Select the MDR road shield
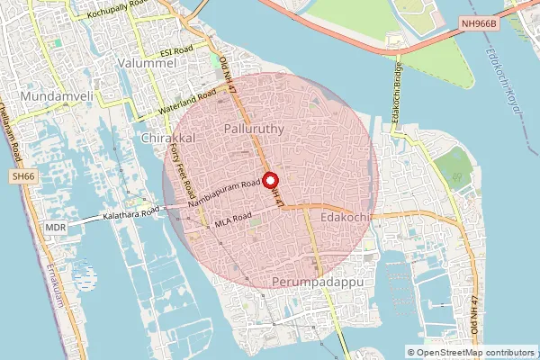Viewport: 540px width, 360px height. tap(55, 229)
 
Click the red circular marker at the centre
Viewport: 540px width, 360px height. tap(269, 179)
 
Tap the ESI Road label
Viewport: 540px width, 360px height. tap(176, 52)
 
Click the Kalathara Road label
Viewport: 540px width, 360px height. tap(130, 213)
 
